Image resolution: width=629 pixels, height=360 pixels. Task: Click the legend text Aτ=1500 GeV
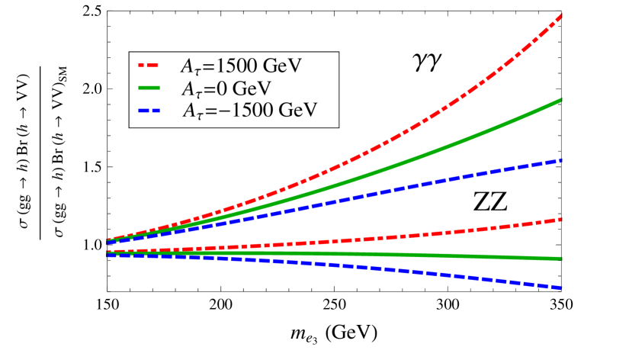241,66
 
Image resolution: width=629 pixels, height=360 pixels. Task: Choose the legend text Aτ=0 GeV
226,88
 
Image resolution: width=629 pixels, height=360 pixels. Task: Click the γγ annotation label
428,64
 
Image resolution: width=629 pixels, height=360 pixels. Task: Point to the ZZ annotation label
490,201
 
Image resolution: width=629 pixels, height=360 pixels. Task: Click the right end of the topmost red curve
560,15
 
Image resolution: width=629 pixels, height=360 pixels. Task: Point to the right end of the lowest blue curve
560,288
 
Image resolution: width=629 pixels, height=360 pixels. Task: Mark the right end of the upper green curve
560,100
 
